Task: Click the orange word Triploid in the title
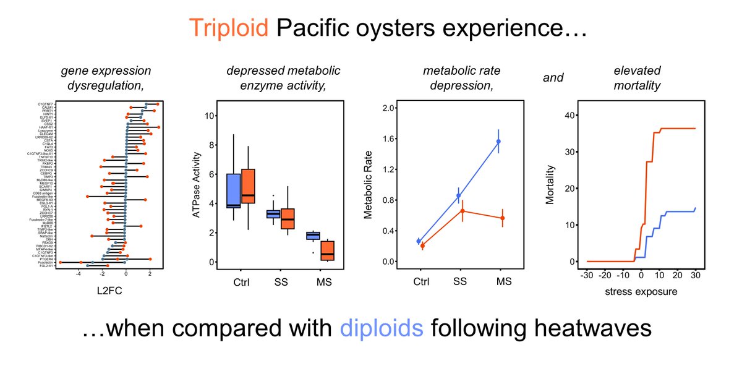point(229,27)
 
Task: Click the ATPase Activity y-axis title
point(197,188)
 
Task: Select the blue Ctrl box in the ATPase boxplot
point(234,191)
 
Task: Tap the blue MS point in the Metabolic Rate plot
point(498,142)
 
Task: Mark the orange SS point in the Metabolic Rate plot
point(462,211)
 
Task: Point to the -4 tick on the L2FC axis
point(79,272)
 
